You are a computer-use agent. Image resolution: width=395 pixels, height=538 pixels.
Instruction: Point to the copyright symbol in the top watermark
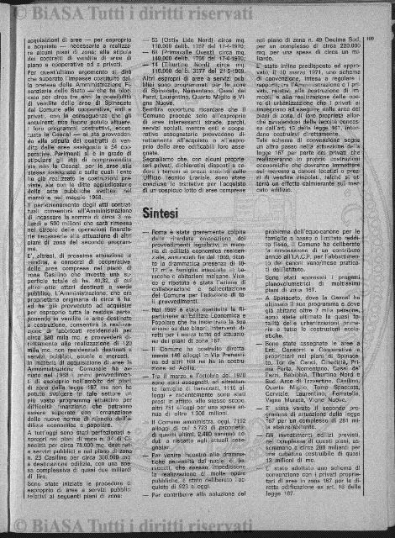pos(18,10)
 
